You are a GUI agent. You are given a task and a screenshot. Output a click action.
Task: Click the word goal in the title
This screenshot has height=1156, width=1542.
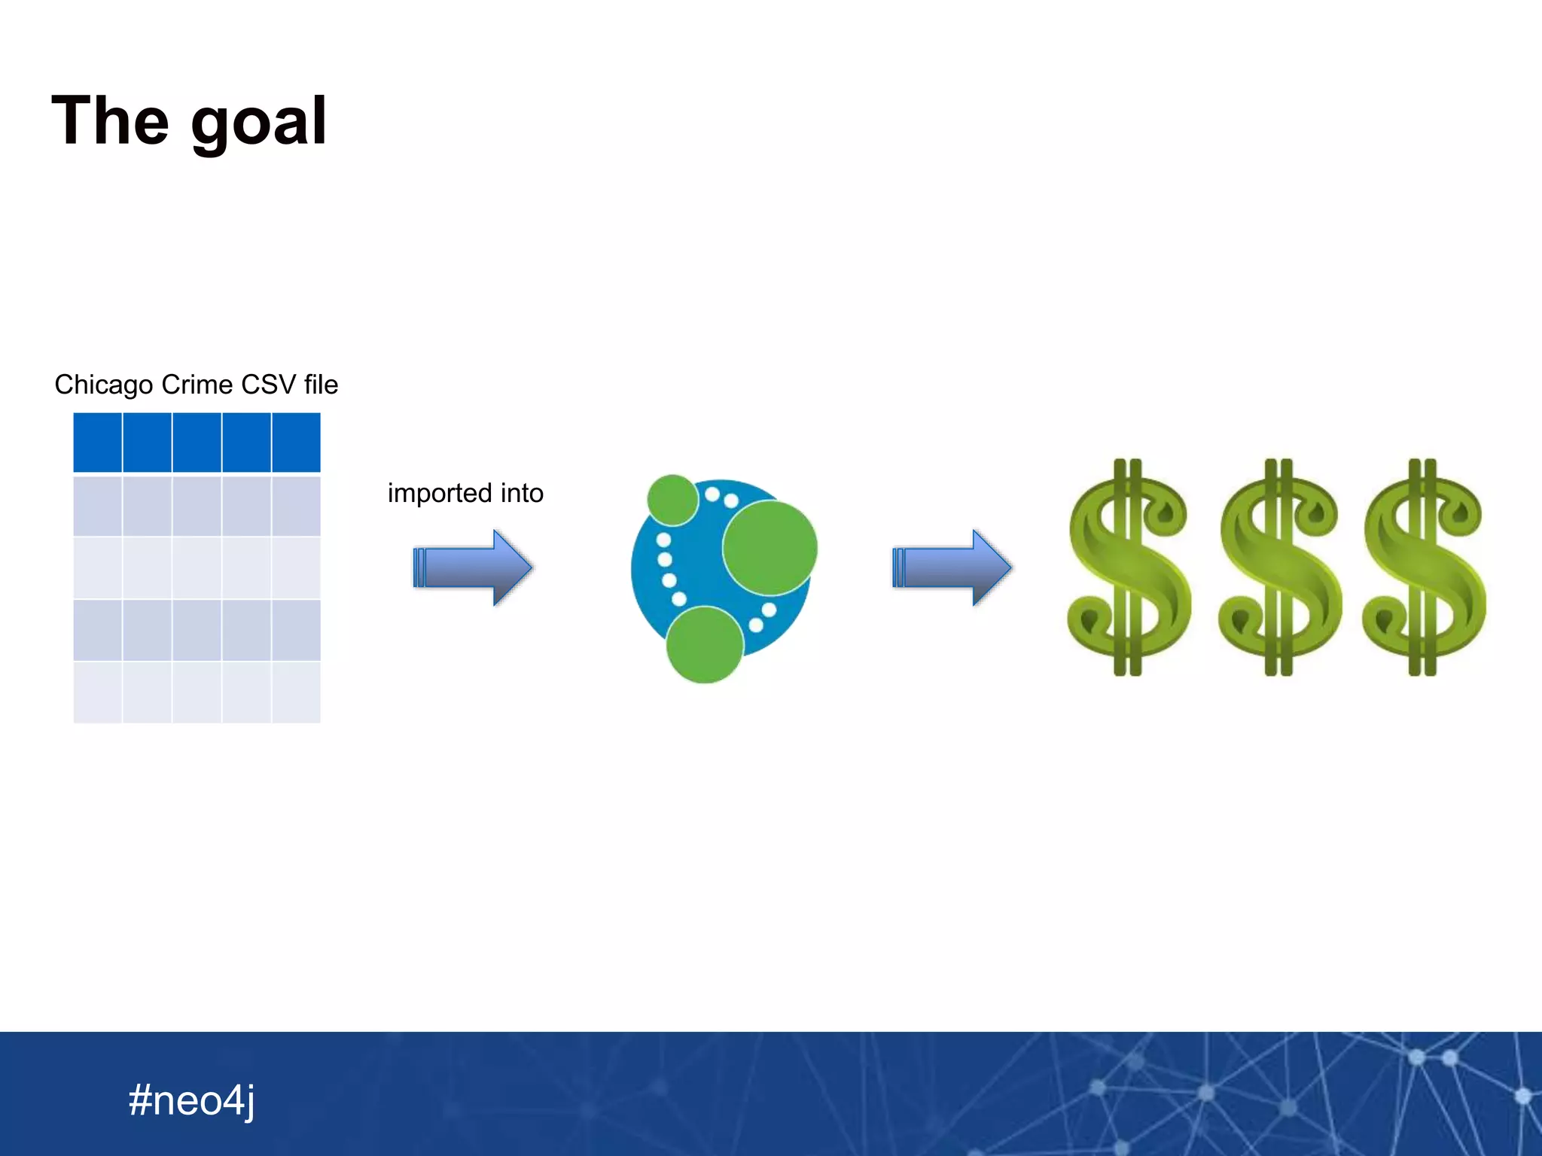coord(258,123)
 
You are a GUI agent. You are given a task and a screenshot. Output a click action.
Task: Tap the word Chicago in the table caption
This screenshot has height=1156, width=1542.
coord(104,385)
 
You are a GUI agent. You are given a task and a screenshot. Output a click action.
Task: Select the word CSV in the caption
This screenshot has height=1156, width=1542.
coord(269,385)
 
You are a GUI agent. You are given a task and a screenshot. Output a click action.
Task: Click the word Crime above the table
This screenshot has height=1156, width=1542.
coord(197,385)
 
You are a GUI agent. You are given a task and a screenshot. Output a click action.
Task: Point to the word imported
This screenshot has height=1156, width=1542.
coord(439,493)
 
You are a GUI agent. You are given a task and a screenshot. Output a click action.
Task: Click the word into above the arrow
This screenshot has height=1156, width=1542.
coord(521,493)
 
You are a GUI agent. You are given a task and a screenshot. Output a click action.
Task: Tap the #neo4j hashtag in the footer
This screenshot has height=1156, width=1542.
coord(191,1100)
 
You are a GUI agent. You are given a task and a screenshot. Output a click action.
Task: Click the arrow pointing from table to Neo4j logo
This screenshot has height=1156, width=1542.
coord(473,567)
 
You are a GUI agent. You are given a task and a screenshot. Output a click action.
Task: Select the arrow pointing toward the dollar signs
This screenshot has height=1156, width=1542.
coord(952,567)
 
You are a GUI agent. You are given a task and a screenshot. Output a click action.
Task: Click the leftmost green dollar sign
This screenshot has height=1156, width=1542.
coord(1128,567)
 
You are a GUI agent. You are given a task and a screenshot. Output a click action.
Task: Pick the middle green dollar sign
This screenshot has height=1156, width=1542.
coord(1278,567)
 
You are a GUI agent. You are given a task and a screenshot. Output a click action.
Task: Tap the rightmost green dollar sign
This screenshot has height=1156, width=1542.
coord(1423,567)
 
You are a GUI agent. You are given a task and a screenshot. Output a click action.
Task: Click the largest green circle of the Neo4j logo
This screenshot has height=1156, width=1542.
coord(769,547)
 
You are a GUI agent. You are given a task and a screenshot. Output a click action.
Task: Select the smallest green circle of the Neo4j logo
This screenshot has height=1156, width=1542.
coord(672,500)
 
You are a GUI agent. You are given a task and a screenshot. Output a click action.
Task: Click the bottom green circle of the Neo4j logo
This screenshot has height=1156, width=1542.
coord(705,645)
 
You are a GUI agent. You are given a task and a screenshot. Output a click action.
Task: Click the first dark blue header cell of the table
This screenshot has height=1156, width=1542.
coord(98,443)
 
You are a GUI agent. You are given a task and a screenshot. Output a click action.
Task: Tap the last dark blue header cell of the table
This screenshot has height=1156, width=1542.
coord(296,443)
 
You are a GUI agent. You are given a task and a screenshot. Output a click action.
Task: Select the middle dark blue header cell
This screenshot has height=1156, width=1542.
coord(197,443)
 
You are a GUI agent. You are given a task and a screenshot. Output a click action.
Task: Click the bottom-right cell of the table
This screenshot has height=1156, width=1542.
coord(296,692)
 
